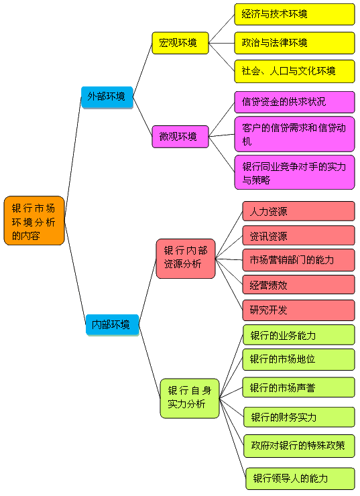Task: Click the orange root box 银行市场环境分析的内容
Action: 34,221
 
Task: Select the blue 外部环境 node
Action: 107,97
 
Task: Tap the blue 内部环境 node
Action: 113,324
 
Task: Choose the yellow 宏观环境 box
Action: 180,43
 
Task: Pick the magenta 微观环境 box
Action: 180,137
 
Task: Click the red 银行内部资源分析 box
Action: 186,259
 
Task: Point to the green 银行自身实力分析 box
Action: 190,398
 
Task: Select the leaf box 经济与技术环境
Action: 294,14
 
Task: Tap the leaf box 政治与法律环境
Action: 294,43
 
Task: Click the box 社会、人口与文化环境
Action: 294,71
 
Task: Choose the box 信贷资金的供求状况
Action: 294,102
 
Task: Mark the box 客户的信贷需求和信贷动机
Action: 294,134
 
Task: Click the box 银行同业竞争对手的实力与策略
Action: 294,172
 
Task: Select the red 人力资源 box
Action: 298,211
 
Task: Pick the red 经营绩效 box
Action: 298,285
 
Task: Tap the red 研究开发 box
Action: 298,310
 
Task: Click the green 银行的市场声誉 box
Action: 298,387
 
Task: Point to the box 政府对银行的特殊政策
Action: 299,446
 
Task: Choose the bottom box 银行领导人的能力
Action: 300,479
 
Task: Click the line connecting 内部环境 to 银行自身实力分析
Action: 149,361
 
